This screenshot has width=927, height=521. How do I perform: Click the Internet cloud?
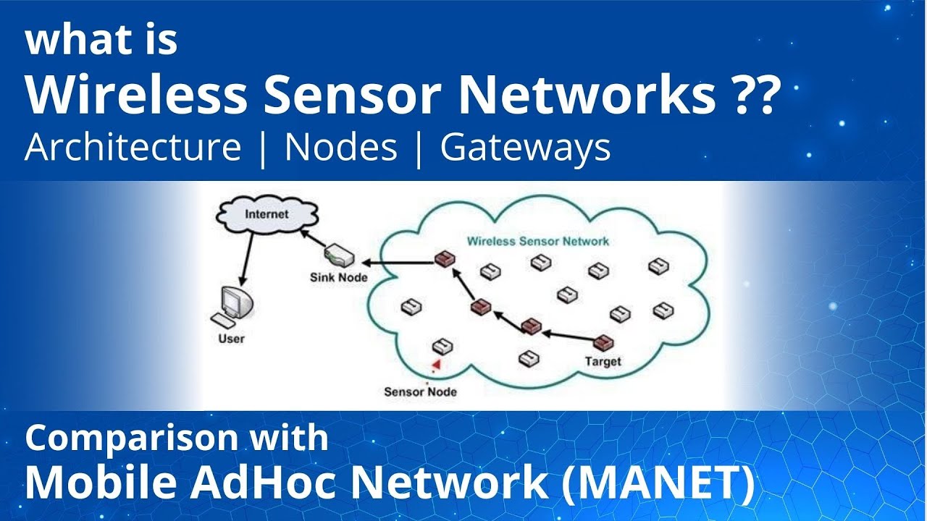click(267, 215)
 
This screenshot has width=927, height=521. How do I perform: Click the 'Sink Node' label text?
click(338, 277)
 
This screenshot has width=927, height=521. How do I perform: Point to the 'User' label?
click(232, 339)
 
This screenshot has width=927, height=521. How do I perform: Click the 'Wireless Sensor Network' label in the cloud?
click(537, 241)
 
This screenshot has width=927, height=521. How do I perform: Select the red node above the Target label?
click(603, 342)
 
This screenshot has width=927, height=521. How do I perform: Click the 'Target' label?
click(603, 361)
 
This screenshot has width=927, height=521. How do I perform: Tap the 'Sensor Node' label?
click(420, 391)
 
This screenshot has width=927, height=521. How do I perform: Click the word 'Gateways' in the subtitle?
click(525, 148)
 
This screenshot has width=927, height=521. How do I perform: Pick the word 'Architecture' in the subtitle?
click(133, 148)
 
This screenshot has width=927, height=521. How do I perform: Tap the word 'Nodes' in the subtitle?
click(341, 148)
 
